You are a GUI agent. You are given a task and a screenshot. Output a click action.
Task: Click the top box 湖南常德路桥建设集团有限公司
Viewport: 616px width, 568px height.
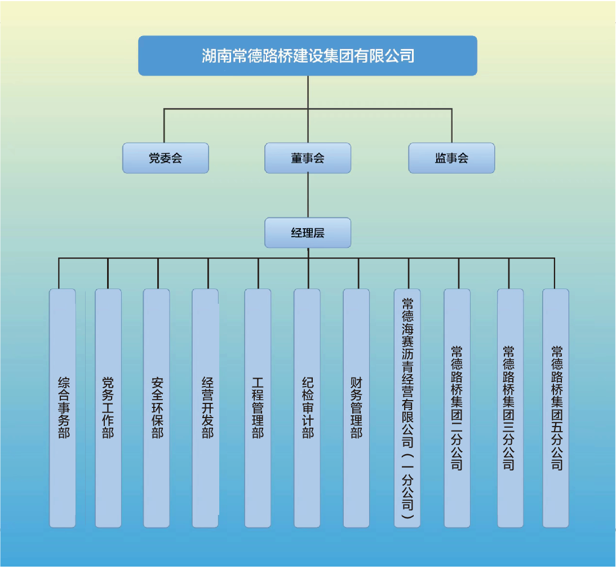click(308, 56)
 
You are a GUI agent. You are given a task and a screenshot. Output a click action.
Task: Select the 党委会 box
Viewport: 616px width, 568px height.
click(166, 158)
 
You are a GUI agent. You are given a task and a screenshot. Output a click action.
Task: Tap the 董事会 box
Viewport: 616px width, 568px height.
click(308, 158)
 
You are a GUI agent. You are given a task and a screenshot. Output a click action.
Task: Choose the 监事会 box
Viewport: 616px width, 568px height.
click(451, 158)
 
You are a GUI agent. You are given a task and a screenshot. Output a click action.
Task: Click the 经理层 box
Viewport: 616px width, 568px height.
click(308, 232)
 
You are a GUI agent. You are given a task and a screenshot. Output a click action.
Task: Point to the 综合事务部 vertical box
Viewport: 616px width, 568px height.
click(63, 408)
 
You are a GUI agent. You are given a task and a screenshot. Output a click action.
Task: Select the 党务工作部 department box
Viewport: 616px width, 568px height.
click(108, 408)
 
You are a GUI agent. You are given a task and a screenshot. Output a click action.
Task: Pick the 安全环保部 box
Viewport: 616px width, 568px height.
click(157, 408)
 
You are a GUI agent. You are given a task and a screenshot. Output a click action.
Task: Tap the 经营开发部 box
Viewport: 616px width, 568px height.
click(206, 408)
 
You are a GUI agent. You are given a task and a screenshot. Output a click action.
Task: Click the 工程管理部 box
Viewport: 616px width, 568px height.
click(258, 408)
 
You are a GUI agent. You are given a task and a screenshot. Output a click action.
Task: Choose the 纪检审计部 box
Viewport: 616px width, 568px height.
click(307, 408)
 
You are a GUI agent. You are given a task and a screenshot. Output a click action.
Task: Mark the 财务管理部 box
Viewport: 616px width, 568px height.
click(356, 408)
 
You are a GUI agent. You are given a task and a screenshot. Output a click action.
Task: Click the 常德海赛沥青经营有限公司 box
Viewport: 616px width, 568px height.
click(407, 408)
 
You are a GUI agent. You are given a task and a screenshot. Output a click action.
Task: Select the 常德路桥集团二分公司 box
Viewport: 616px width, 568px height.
click(457, 408)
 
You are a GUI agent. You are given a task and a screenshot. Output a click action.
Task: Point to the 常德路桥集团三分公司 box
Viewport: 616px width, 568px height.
click(510, 408)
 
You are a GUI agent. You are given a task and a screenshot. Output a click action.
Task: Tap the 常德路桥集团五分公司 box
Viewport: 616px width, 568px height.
click(556, 408)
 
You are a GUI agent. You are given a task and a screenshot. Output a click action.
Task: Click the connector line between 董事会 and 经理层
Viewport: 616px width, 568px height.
click(308, 195)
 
